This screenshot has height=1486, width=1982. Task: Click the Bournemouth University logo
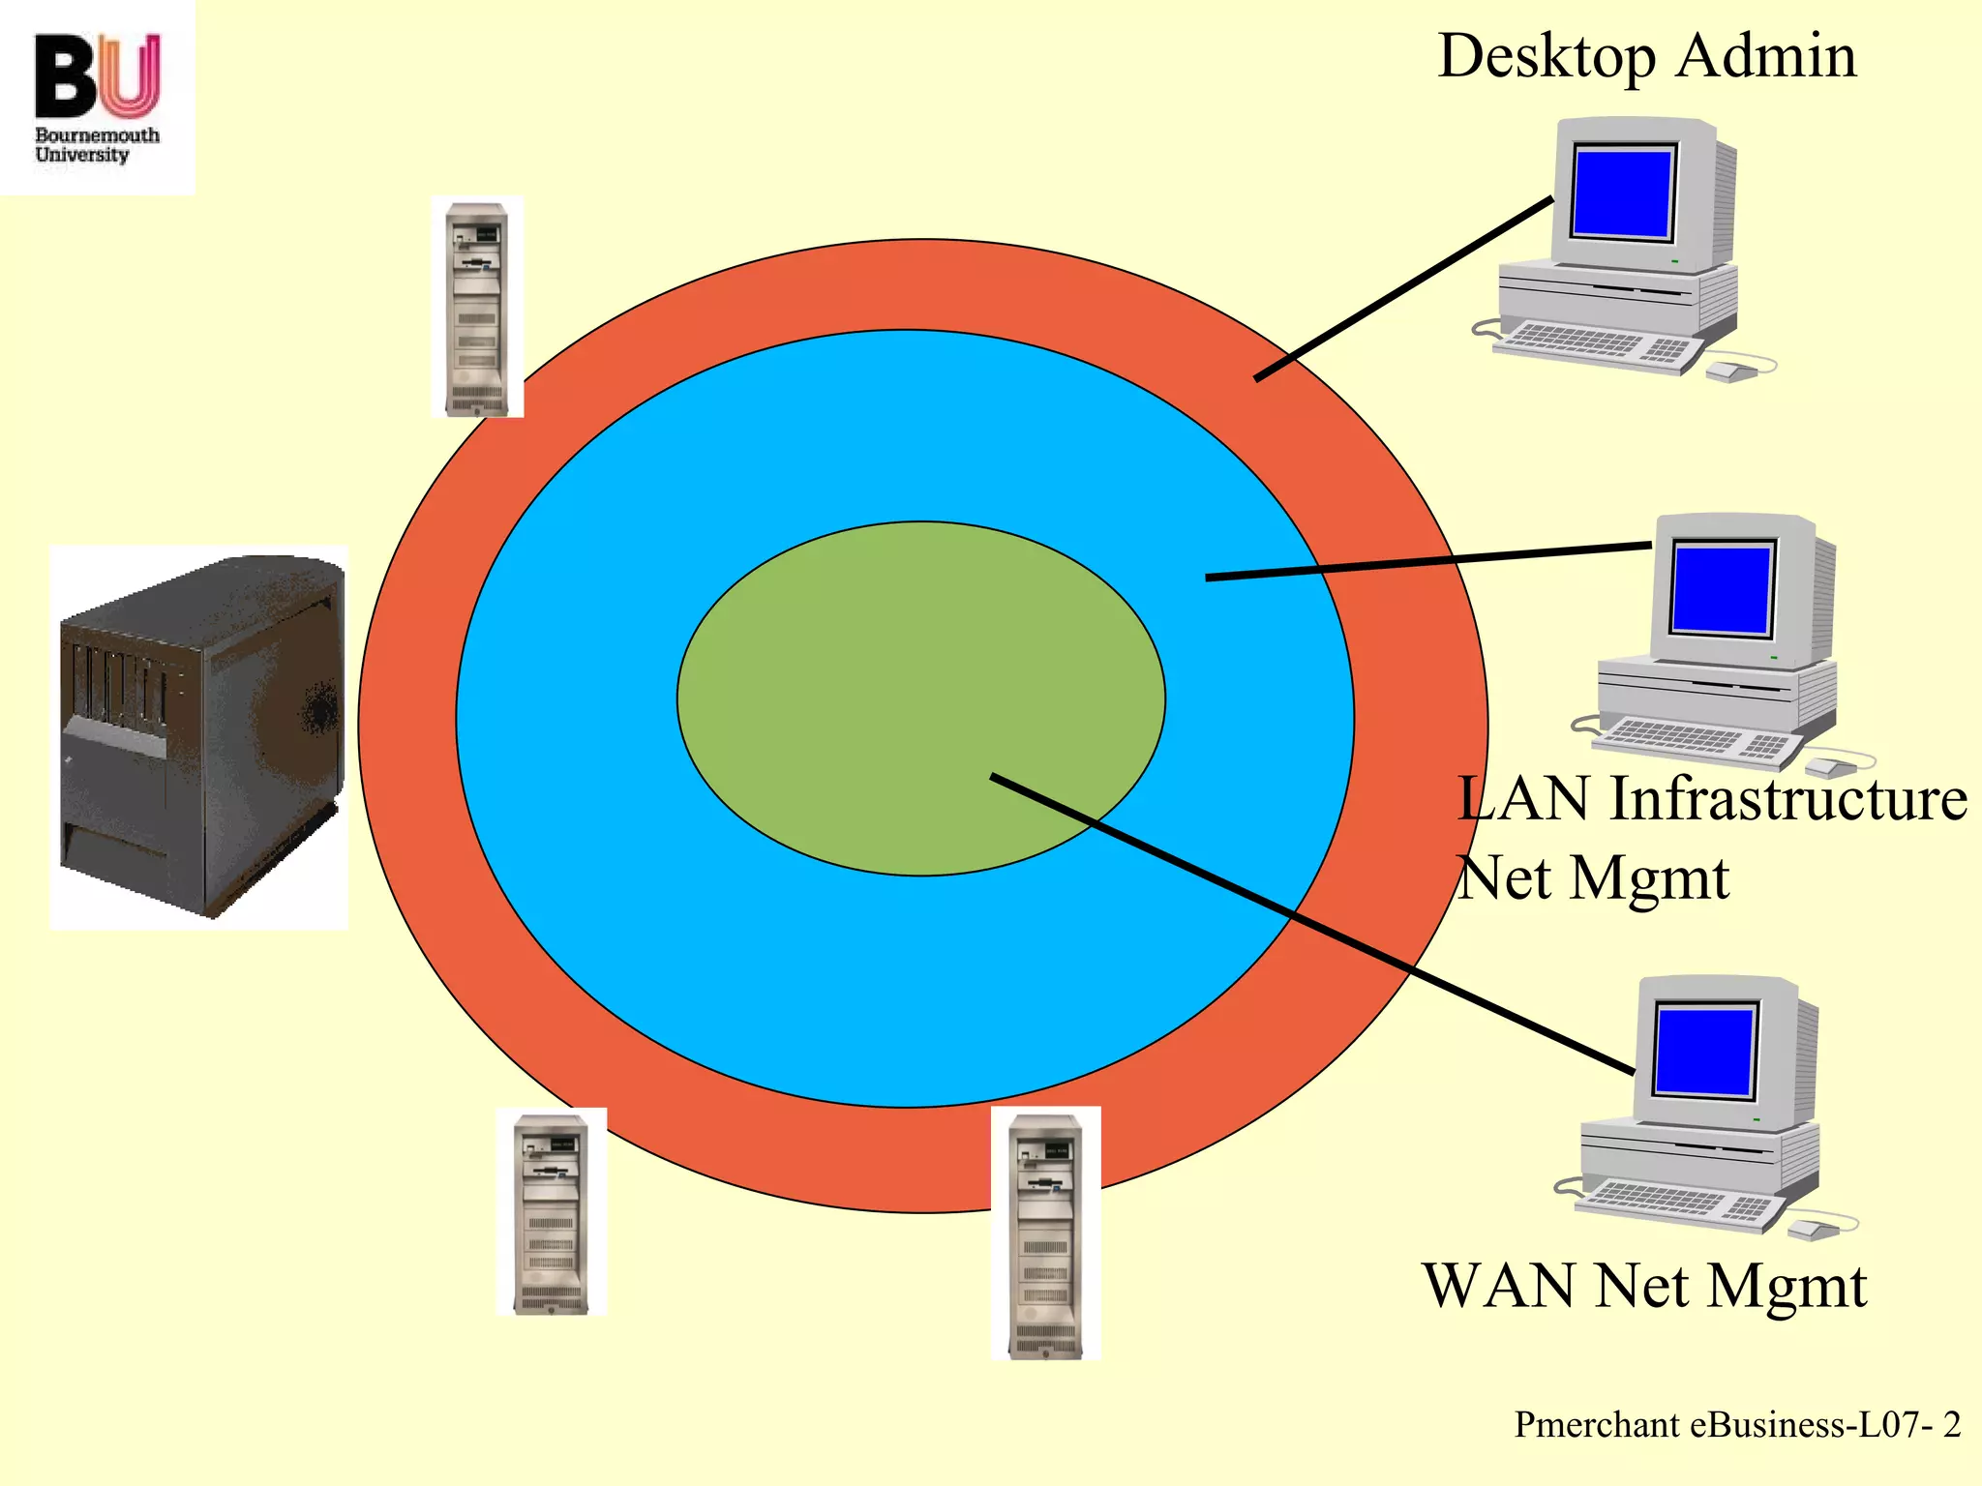(97, 97)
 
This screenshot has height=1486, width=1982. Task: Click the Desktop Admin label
(1647, 56)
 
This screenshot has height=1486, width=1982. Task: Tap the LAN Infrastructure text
(1711, 799)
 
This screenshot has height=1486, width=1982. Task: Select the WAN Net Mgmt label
(1644, 1286)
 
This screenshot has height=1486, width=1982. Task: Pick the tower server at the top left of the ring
(477, 308)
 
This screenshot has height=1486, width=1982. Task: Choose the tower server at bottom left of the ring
(551, 1212)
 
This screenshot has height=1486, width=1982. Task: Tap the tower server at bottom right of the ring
(1045, 1233)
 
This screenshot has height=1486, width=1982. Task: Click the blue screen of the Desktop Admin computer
(1623, 192)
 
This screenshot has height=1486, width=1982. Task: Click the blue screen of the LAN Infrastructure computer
(1723, 588)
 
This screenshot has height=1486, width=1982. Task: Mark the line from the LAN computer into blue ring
(1427, 562)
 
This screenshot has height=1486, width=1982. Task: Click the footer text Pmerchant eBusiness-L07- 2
(1737, 1425)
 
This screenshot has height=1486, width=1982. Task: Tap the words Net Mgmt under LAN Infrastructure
(1593, 878)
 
